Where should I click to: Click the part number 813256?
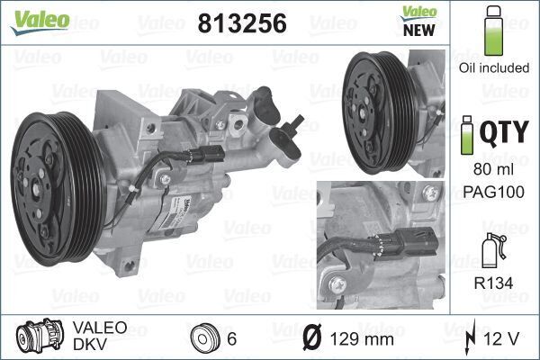[241, 24]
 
